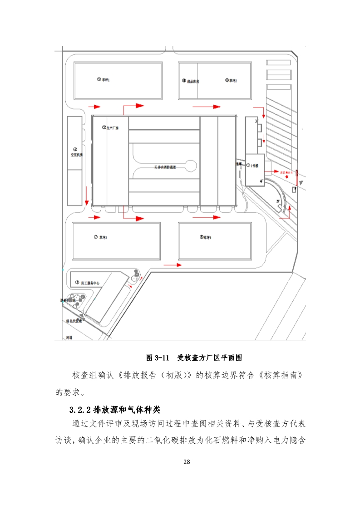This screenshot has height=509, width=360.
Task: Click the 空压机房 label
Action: [x=75, y=154]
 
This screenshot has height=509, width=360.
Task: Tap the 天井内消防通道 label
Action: [x=165, y=167]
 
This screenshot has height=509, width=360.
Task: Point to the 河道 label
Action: [x=69, y=338]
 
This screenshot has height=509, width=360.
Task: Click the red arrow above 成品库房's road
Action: [x=207, y=107]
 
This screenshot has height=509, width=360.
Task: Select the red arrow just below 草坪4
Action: [x=171, y=264]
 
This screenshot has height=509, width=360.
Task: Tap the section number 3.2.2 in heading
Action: [x=80, y=410]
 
